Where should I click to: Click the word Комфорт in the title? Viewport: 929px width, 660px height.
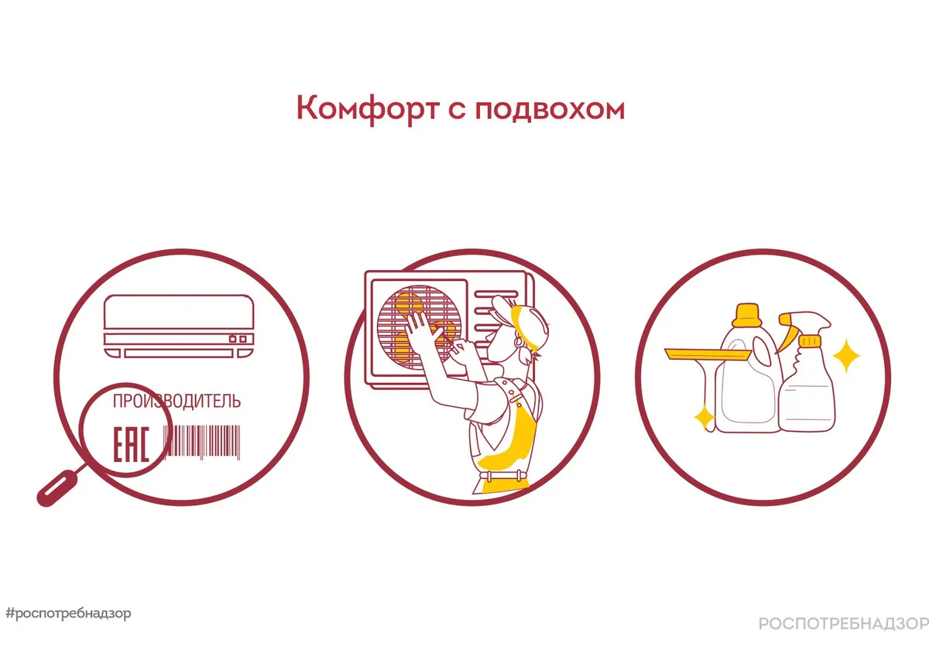pyautogui.click(x=368, y=109)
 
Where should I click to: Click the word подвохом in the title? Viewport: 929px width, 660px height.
pyautogui.click(x=550, y=109)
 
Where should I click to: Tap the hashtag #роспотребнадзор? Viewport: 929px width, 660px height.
pyautogui.click(x=68, y=613)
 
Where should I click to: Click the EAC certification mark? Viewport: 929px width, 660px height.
pyautogui.click(x=131, y=444)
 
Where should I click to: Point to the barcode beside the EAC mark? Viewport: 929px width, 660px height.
pyautogui.click(x=202, y=442)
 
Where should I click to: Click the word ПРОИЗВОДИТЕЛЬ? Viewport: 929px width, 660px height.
pyautogui.click(x=177, y=401)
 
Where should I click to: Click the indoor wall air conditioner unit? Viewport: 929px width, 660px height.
pyautogui.click(x=179, y=327)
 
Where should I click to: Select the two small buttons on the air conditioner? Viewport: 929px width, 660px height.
pyautogui.click(x=238, y=339)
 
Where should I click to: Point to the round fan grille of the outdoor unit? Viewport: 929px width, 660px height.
pyautogui.click(x=419, y=327)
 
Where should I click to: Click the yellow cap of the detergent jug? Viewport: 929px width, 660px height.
pyautogui.click(x=747, y=315)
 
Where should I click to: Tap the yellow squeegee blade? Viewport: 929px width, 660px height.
pyautogui.click(x=708, y=354)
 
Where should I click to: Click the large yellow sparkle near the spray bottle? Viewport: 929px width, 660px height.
pyautogui.click(x=846, y=356)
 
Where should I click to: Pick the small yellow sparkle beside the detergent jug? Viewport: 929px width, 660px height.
pyautogui.click(x=704, y=418)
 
